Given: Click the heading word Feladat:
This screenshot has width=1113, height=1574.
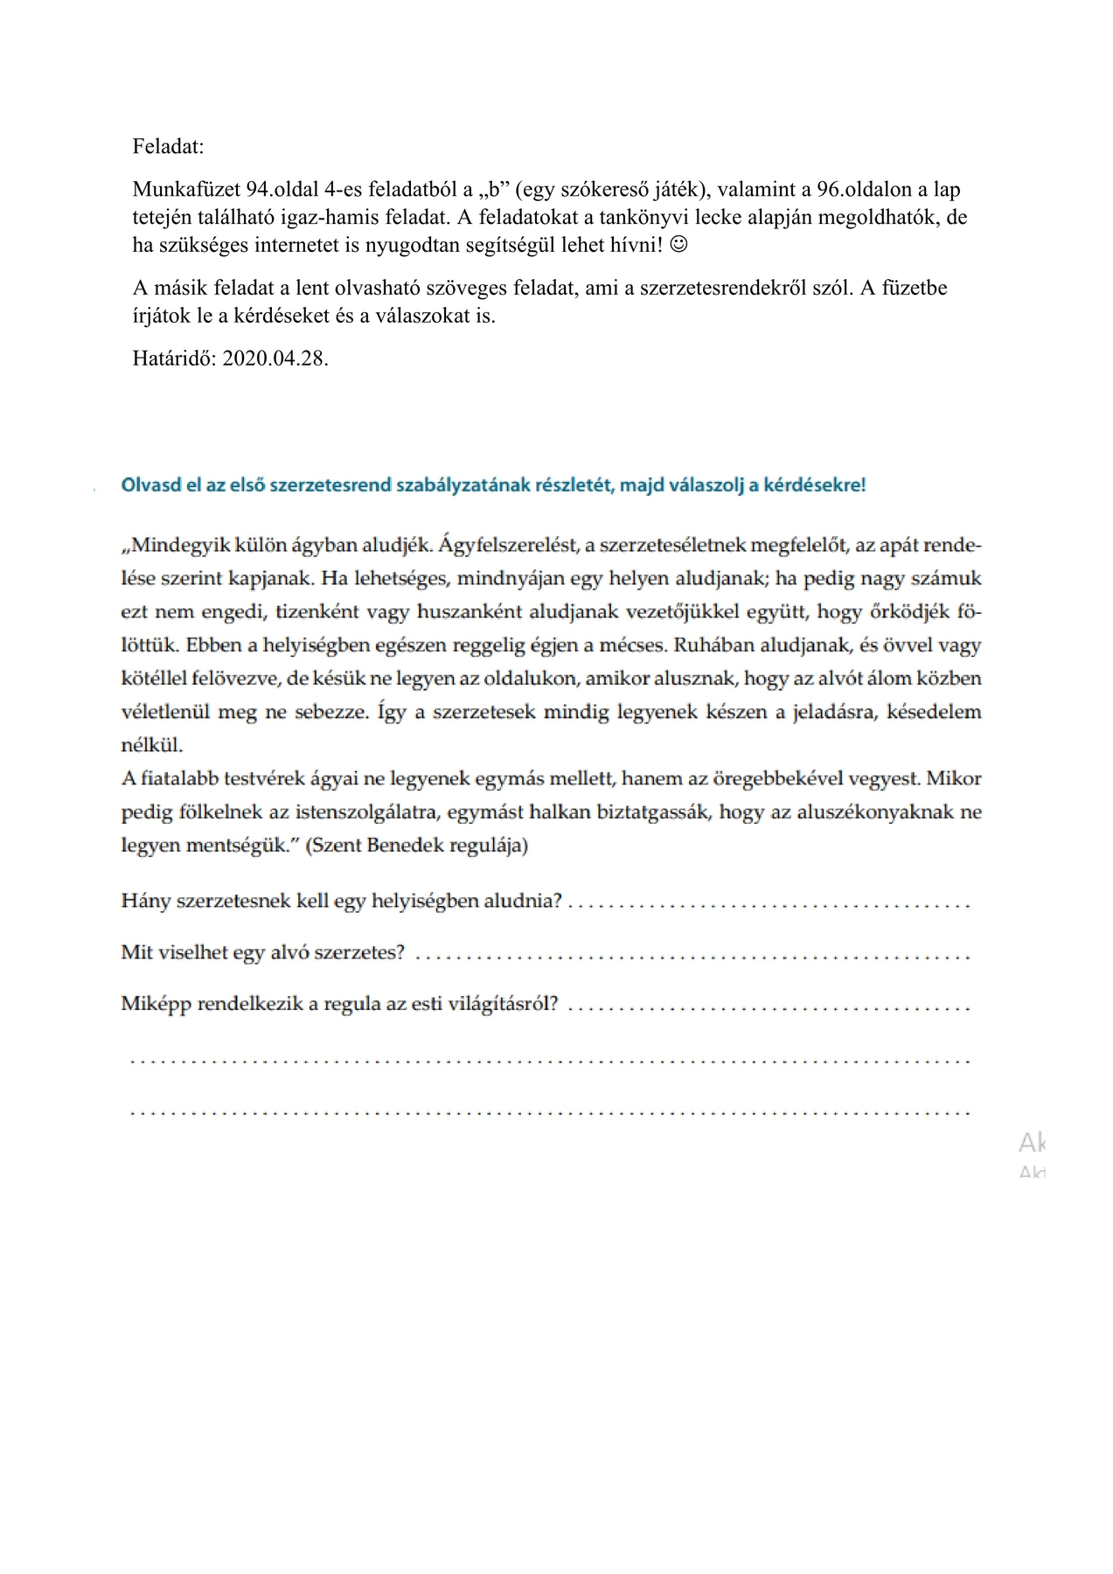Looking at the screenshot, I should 168,147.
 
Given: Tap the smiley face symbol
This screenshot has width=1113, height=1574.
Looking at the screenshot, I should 678,245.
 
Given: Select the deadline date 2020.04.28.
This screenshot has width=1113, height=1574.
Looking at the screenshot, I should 275,359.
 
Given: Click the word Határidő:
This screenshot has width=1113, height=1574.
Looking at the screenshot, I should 175,359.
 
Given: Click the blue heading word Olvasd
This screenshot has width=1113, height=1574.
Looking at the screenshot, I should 150,485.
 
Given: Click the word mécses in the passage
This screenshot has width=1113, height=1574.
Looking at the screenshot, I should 638,646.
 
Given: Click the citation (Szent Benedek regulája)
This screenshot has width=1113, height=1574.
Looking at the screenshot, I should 417,846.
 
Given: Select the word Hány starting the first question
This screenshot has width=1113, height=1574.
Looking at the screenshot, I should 146,901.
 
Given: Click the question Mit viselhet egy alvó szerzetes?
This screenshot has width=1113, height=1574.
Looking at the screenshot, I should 262,952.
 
